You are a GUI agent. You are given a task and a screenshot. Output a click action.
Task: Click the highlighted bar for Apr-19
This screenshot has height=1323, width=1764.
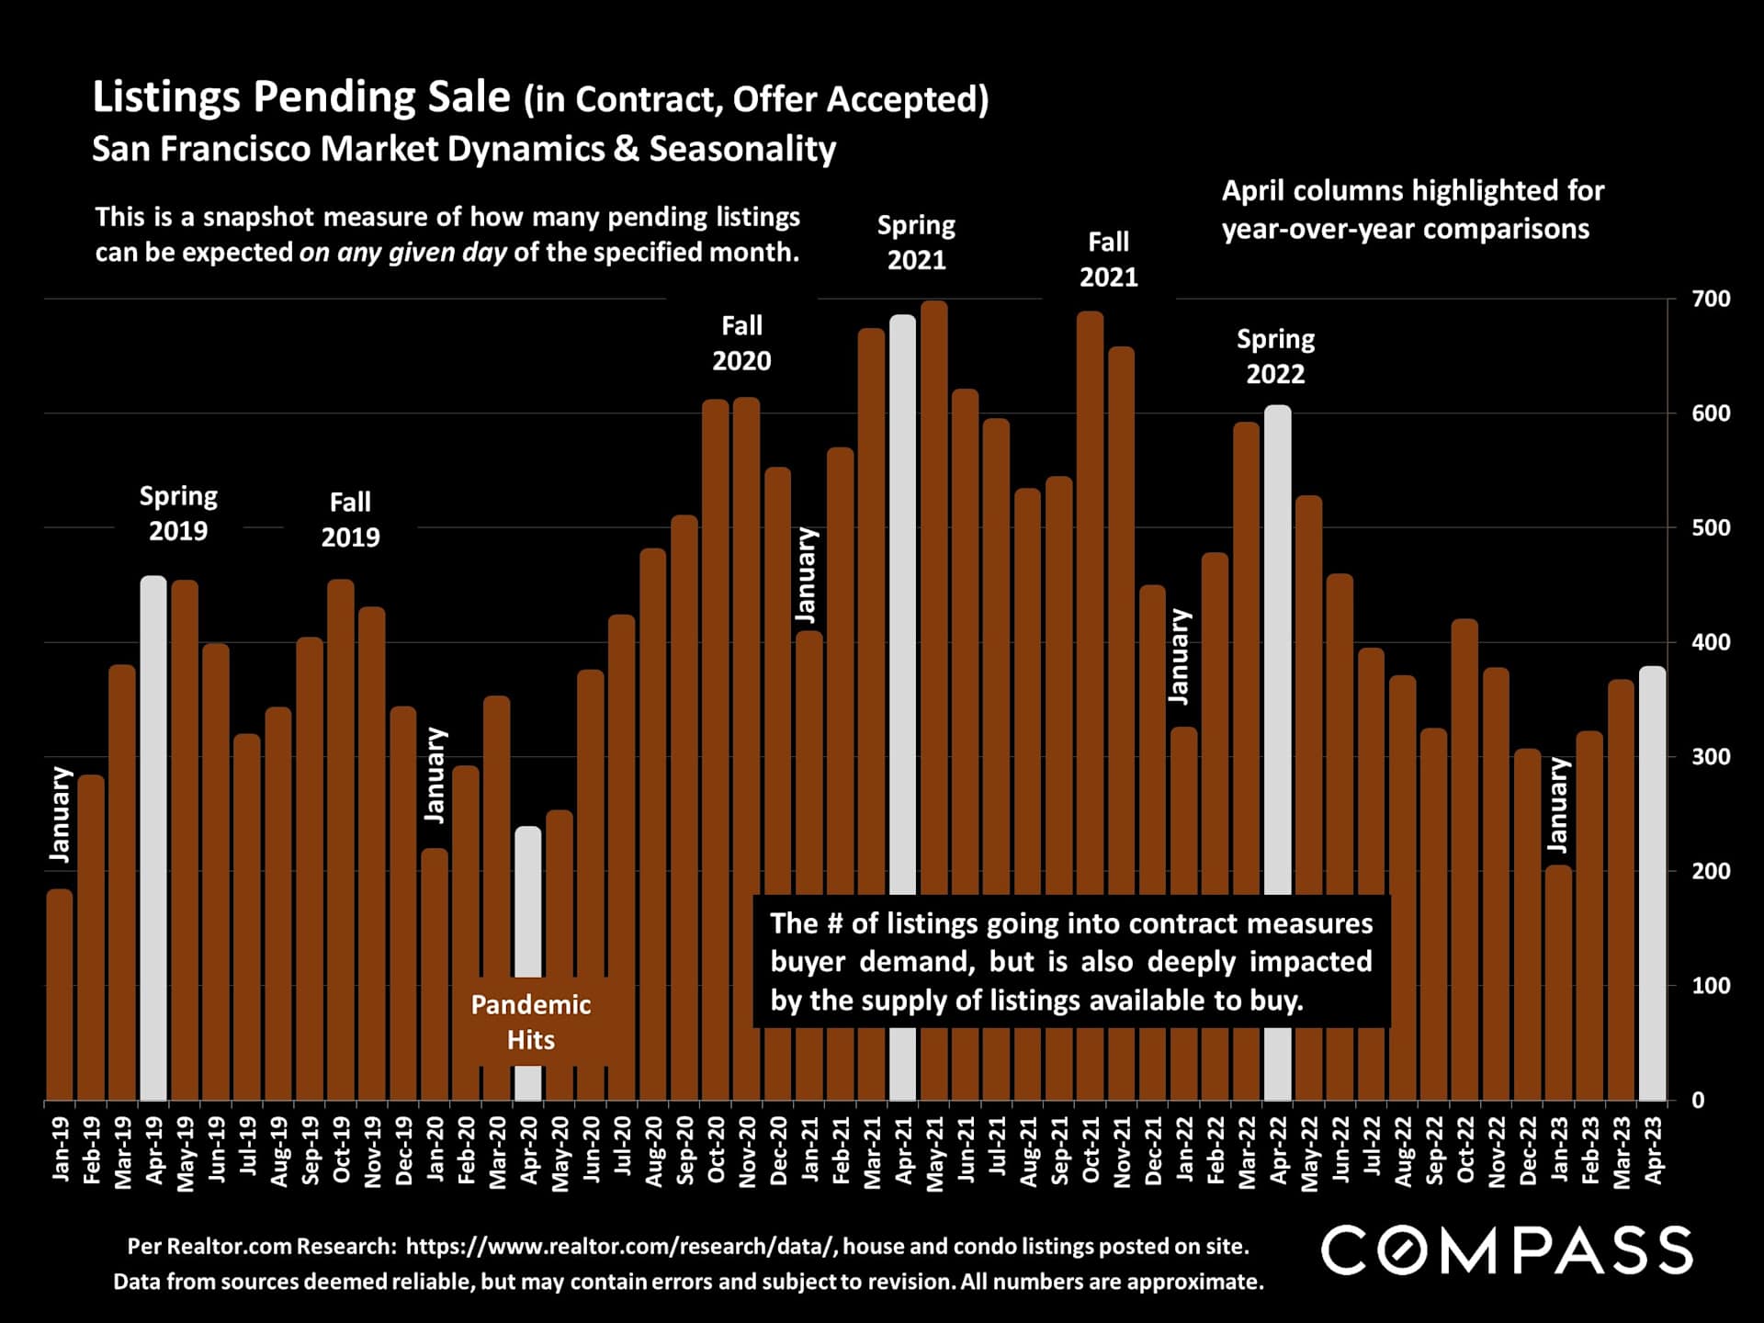153,836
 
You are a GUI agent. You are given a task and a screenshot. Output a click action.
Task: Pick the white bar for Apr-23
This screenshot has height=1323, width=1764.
1652,882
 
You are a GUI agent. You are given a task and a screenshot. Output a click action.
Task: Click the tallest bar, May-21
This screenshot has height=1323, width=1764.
933,597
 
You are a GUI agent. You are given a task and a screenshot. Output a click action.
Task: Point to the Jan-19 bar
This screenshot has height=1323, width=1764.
60,992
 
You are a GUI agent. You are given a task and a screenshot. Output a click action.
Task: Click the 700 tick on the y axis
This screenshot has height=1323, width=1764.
1711,300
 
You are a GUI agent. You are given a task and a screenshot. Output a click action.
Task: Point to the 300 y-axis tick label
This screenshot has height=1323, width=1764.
1711,757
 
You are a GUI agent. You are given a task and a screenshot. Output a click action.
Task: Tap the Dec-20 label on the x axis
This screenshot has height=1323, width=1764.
778,1151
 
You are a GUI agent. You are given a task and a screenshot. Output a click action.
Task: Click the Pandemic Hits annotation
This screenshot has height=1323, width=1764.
531,1022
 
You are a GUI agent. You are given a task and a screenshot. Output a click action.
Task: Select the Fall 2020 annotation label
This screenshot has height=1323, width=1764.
741,343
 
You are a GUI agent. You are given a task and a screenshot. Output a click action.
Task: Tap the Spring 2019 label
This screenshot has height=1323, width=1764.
178,514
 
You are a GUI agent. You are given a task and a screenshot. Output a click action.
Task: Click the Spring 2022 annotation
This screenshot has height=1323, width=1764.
1275,356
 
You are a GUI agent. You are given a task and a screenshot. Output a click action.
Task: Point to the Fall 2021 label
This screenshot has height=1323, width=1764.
1108,259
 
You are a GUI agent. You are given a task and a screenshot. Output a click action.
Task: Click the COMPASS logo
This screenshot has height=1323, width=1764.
1507,1250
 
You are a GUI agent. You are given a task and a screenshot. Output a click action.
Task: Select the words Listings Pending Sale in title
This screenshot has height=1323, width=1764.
301,97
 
